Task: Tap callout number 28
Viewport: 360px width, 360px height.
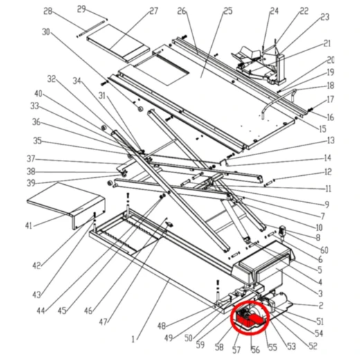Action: (x=48, y=11)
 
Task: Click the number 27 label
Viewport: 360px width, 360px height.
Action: (x=153, y=11)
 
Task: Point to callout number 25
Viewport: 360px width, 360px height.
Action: (x=208, y=11)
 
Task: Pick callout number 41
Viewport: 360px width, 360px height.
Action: (x=28, y=226)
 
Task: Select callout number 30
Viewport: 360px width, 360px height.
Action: (x=46, y=32)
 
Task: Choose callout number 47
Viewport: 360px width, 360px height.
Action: (x=104, y=323)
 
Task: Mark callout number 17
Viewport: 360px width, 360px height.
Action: (x=330, y=100)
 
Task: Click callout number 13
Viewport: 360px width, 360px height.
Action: (x=330, y=141)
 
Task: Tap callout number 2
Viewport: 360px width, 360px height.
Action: (x=321, y=305)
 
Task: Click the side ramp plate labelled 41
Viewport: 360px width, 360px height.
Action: (x=62, y=200)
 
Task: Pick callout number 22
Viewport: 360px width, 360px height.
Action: (x=304, y=11)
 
